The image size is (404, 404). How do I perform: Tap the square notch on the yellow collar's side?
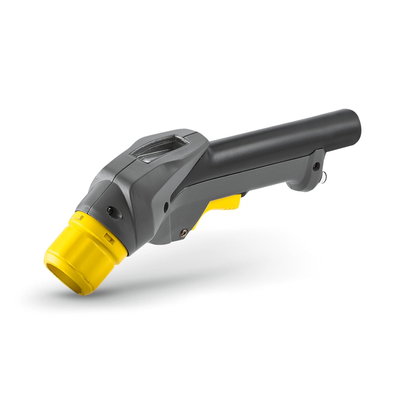(108, 237)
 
